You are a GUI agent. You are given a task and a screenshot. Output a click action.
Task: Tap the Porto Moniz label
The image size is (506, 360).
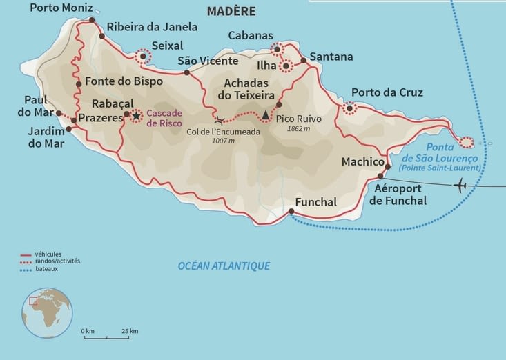coord(59,8)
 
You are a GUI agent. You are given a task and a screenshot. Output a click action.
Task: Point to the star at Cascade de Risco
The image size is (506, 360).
coord(136,117)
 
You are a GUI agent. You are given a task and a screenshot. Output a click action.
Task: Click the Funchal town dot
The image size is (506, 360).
coord(291,212)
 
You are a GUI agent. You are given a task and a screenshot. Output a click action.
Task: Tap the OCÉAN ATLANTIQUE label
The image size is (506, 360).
coord(224,266)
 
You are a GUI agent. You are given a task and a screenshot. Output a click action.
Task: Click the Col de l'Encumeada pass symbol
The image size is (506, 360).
coord(219,120)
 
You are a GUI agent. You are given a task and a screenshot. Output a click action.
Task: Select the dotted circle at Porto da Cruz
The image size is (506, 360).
coord(350,108)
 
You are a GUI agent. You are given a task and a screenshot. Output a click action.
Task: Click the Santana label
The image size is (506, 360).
coord(331,57)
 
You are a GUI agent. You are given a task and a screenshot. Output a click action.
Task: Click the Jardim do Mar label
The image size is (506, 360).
coord(47,137)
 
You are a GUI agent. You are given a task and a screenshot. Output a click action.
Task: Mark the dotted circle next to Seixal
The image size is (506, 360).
coord(143,57)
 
